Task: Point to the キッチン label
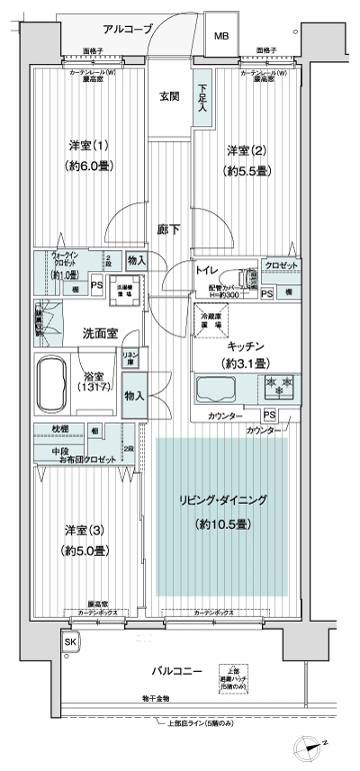(x=244, y=345)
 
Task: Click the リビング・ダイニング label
(x=221, y=499)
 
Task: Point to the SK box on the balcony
(x=70, y=643)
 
